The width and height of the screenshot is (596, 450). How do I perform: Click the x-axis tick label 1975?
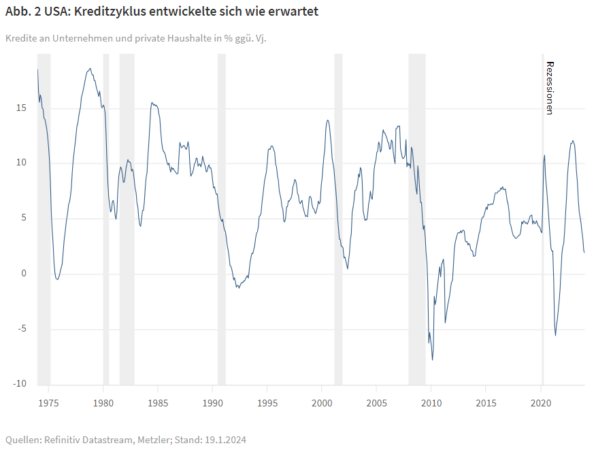tap(48, 403)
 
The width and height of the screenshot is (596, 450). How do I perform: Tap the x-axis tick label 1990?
tap(212, 403)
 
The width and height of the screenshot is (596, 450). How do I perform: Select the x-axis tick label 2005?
tap(377, 403)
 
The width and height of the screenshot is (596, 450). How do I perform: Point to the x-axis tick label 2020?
tap(541, 403)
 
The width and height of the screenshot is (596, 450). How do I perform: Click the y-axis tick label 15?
tap(22, 108)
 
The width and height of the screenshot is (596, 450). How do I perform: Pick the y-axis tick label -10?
tap(20, 384)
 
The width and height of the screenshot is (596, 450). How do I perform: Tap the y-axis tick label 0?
tap(24, 274)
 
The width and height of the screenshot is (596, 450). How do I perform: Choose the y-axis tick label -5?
tap(22, 329)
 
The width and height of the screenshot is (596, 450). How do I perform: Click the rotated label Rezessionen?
tap(550, 88)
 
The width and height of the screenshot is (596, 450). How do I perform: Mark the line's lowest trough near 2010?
tap(433, 360)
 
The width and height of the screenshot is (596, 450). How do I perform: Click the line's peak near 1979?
tap(89, 68)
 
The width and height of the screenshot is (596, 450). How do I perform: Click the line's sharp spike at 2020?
tap(544, 155)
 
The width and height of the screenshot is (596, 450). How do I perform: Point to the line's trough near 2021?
tap(555, 335)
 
